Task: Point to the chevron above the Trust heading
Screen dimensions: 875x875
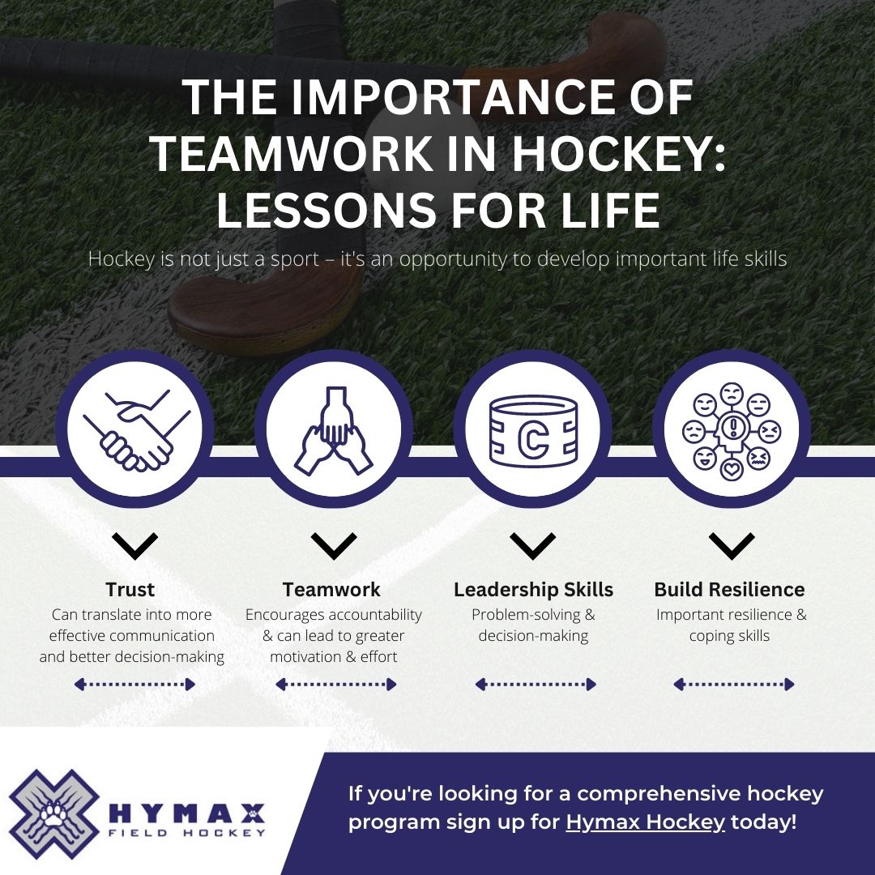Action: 135,546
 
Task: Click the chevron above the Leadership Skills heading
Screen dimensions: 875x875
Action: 533,546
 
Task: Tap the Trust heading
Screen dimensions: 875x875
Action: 130,589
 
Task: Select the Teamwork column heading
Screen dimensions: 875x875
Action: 331,589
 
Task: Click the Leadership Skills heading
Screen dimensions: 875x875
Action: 533,589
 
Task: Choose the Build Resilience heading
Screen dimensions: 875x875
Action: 729,589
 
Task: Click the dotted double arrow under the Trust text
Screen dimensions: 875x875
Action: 134,685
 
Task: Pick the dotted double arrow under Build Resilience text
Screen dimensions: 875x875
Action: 733,685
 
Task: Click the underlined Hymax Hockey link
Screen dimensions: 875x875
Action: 645,822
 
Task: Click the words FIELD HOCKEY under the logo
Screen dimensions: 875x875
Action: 186,832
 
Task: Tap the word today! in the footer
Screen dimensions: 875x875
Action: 763,822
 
